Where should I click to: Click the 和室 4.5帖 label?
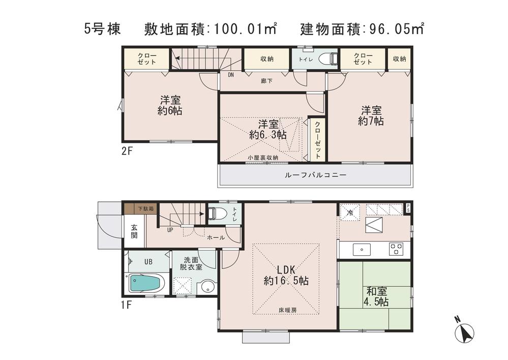tap(376, 296)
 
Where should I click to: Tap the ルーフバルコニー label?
tap(315, 175)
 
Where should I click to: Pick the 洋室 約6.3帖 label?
tap(267, 129)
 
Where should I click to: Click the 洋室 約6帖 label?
tap(170, 106)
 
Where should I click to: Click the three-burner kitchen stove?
tap(396, 249)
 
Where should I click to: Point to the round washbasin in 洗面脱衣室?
tap(207, 287)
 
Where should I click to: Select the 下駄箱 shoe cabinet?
tap(146, 208)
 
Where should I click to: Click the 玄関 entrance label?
tap(134, 232)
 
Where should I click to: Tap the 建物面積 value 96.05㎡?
tap(395, 29)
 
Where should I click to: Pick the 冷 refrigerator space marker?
tap(350, 212)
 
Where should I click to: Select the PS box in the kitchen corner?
tap(408, 208)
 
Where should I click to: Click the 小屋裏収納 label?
tap(262, 158)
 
